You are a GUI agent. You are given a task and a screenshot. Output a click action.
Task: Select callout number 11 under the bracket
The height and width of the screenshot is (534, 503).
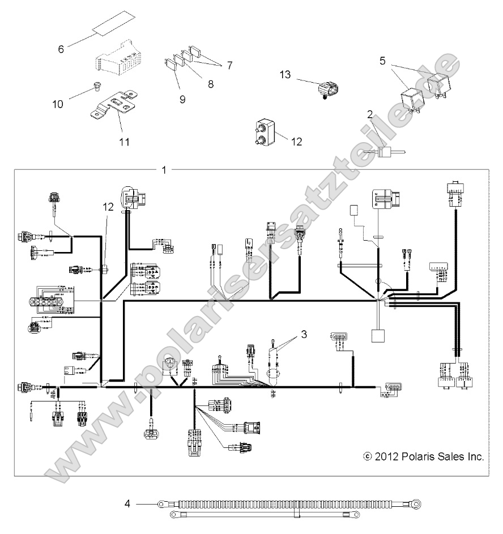124,142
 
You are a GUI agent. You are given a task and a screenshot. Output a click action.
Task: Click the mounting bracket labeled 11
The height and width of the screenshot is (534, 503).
117,102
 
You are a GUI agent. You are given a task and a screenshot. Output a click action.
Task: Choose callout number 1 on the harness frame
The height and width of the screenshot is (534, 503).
165,169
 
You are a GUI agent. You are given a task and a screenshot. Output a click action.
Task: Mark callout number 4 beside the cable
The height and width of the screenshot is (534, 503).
127,502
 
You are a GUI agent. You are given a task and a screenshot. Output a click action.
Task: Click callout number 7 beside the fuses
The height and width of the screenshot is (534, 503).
229,65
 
